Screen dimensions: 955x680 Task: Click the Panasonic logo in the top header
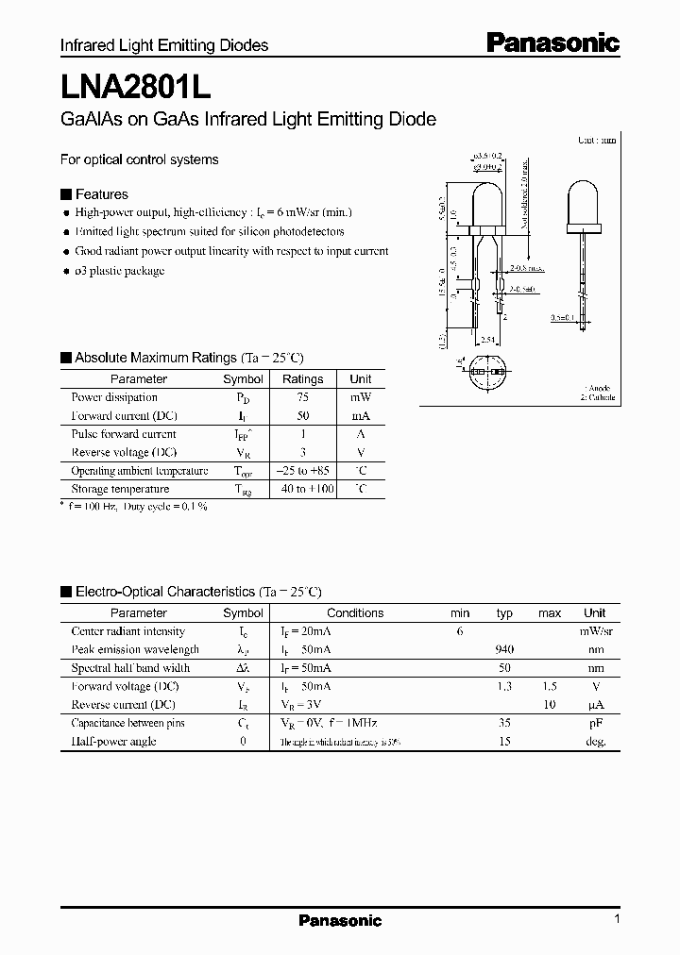552,42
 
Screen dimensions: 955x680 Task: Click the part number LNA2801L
135,87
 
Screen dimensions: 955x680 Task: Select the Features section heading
101,193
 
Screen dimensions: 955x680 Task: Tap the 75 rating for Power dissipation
303,397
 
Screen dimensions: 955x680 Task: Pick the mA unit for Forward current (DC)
361,415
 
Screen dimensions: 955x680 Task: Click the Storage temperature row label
120,489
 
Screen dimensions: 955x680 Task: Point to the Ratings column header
303,379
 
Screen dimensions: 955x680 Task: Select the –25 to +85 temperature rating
303,470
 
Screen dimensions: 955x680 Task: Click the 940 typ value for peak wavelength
504,649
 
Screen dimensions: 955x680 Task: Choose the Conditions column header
355,612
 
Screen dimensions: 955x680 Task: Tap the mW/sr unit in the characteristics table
595,631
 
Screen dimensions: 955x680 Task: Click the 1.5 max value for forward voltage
550,686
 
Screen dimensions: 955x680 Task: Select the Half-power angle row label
113,741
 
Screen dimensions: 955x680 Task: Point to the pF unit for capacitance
595,723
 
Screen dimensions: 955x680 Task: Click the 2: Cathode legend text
597,397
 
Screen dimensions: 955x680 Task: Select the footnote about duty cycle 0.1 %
134,507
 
